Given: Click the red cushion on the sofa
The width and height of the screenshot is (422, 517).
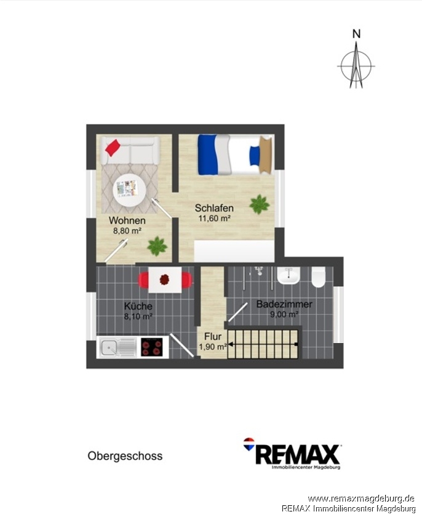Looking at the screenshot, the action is (113, 148).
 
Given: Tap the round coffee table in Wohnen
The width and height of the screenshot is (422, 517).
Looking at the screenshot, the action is (129, 190).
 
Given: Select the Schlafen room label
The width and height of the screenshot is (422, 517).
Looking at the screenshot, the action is (214, 208).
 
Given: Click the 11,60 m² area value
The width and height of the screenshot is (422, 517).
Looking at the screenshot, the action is (214, 218).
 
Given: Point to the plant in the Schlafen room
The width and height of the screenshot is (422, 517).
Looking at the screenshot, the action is (260, 205).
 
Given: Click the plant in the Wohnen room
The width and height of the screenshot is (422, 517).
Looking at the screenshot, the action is (157, 246).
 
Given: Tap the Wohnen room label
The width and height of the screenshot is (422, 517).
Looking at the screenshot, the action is (127, 220).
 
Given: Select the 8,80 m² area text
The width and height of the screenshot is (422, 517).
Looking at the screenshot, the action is (127, 231).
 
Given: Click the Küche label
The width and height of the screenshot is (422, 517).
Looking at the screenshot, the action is (138, 306).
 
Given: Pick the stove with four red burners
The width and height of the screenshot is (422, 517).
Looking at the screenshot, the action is (152, 347).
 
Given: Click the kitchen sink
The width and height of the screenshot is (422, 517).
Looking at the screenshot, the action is (116, 347).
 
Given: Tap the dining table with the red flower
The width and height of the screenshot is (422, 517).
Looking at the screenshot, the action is (165, 280).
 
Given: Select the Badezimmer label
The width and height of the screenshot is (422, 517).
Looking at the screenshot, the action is (284, 304).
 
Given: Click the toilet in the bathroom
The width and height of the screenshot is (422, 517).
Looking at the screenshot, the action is (319, 277).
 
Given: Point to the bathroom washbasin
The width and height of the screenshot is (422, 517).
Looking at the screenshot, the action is (289, 275).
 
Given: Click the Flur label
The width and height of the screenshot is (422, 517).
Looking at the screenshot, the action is (213, 337).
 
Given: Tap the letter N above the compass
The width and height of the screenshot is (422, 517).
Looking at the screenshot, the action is (356, 34).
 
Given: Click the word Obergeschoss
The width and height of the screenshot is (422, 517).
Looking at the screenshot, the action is (125, 456).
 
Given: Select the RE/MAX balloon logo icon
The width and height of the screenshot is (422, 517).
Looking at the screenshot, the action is (249, 444).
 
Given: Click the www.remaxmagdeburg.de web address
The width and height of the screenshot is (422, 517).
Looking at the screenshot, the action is (361, 498).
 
